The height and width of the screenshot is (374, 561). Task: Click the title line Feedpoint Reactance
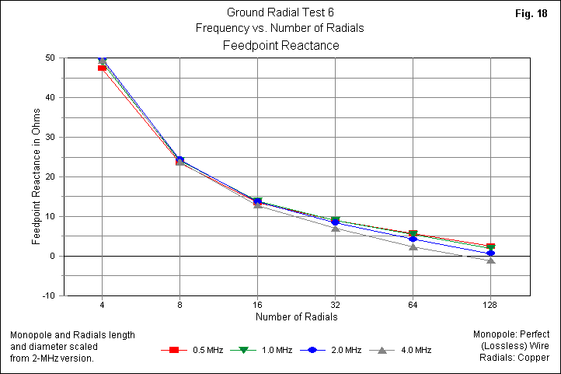point(280,46)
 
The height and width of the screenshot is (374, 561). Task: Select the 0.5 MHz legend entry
point(200,350)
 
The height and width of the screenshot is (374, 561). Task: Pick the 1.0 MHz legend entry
point(268,350)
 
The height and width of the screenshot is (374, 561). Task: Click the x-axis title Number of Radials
point(296,316)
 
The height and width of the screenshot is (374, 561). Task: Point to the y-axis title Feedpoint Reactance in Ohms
point(37,177)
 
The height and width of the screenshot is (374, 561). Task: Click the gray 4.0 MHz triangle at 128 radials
point(490,260)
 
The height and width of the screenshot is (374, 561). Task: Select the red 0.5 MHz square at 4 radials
point(102,68)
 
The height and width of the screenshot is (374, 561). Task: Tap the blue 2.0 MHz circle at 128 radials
point(490,253)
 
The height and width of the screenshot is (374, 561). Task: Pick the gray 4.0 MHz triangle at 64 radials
point(413,246)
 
